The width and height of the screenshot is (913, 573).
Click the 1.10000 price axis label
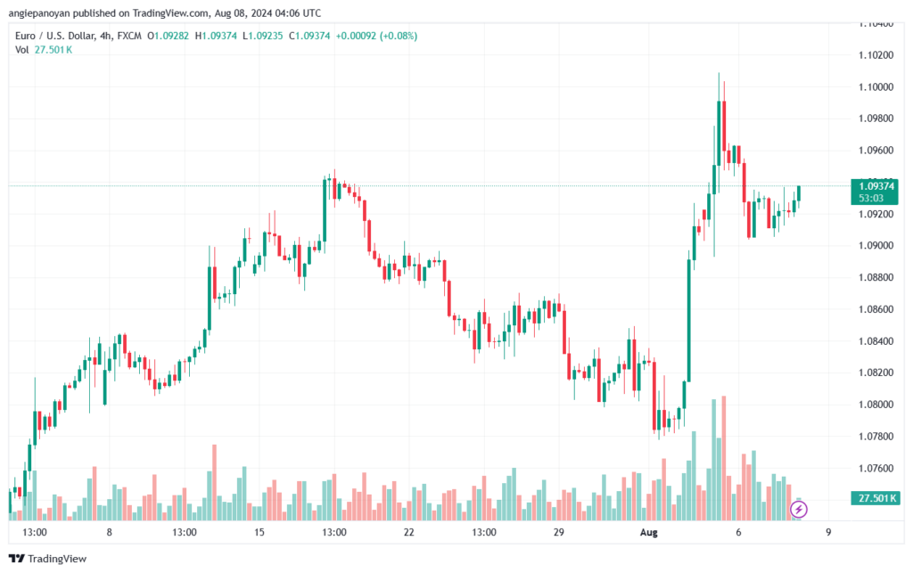[876, 86]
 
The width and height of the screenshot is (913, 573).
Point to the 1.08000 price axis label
[876, 405]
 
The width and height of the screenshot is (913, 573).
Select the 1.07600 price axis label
[876, 468]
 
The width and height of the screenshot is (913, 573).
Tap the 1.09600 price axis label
[876, 150]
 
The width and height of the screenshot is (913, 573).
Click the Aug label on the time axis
[649, 532]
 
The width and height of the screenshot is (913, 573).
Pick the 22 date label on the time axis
[408, 532]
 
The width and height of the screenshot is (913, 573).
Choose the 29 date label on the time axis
[559, 532]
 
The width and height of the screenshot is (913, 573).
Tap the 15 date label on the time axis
[259, 532]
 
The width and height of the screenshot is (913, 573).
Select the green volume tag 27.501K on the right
[875, 498]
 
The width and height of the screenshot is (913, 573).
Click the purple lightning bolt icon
[798, 510]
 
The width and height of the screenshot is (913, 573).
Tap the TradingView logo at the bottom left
[48, 559]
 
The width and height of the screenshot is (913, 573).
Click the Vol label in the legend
[21, 50]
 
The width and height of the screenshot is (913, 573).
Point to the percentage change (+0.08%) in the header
[399, 36]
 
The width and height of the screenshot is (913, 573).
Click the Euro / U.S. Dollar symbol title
[54, 36]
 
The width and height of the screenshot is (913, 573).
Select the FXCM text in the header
[129, 36]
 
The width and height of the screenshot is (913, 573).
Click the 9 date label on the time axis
[828, 532]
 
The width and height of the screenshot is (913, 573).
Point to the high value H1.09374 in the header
[216, 36]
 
